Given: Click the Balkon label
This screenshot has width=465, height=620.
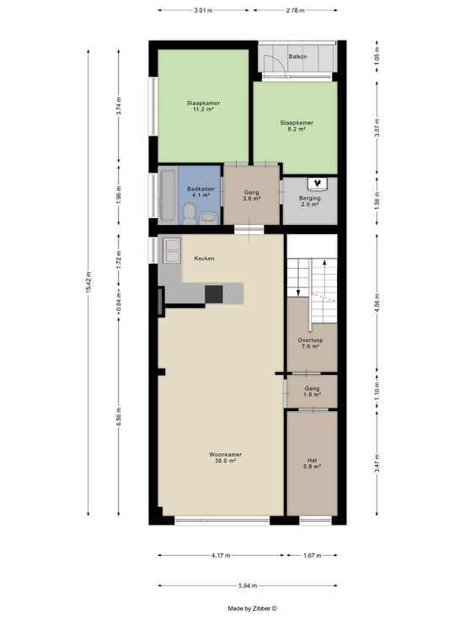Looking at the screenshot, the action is pos(297,56).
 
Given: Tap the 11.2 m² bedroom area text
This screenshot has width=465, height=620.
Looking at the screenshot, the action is pos(203,110).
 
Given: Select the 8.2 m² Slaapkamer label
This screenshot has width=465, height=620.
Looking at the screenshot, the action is pos(297,126).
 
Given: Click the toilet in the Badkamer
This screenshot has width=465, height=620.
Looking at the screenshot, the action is pos(189,213).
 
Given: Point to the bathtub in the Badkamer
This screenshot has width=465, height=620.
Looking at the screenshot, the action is pos(168,195).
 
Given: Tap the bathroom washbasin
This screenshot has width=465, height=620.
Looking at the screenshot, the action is pos(208,217).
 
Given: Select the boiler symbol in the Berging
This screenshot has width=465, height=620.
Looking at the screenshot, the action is pos(317,183).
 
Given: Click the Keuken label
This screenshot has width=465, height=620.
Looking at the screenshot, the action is pos(205,259).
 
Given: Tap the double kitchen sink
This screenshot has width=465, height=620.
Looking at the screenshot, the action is pos(172,251).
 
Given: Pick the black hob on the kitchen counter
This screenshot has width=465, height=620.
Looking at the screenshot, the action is pos(213,294).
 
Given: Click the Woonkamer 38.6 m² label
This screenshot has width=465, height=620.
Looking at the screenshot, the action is pos(226,457).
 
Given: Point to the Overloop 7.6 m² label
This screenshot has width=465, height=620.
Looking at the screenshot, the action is pos(310,343).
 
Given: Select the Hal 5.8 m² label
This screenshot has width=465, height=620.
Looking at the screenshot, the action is pos(312,463).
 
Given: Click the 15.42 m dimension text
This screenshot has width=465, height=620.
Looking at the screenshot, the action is pos(88,282).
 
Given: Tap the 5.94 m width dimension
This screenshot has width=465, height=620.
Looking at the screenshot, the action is pos(248,585).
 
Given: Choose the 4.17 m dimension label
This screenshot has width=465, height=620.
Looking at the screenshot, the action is pos(221,555).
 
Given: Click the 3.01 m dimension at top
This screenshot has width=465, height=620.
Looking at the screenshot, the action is pos(203,10).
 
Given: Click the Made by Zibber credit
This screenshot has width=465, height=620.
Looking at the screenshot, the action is pos(252,608).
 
